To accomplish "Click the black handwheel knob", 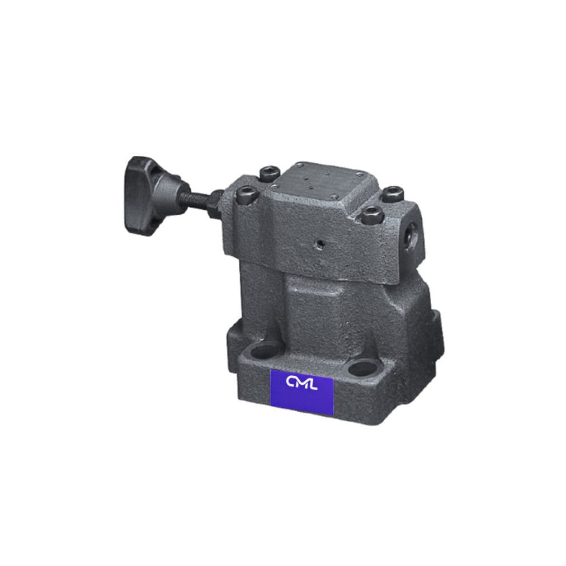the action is tap(141, 196).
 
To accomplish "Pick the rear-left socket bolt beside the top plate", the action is tap(269, 173).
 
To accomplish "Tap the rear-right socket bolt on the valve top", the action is tap(393, 194).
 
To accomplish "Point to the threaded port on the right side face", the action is tap(411, 235).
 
